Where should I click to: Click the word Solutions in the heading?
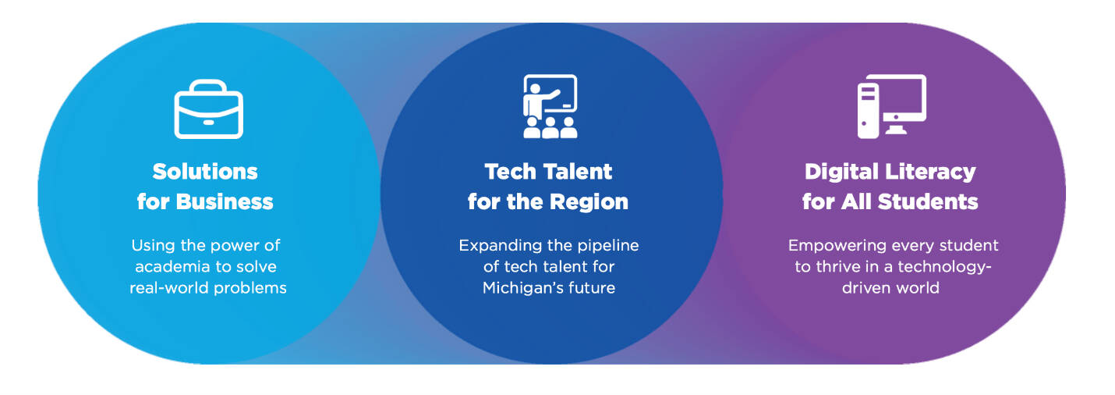[x=205, y=172]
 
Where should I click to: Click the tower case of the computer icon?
[x=868, y=109]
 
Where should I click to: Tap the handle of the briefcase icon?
[x=208, y=88]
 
